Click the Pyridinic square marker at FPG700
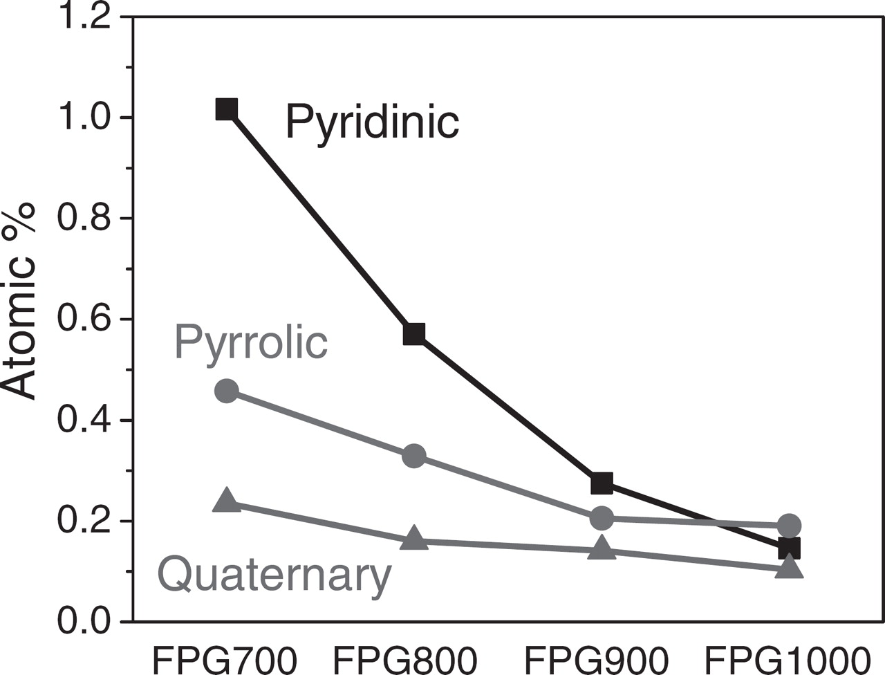click(x=226, y=109)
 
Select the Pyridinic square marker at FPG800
click(x=413, y=334)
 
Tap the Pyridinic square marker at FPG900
click(x=602, y=483)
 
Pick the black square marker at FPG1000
click(x=789, y=548)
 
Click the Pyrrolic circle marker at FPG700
click(x=226, y=391)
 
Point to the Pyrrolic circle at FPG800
click(x=413, y=456)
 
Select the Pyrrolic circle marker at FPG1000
click(x=789, y=525)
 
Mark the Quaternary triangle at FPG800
click(x=413, y=537)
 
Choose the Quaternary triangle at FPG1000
click(x=789, y=568)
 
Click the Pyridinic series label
click(x=372, y=122)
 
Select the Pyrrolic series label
click(x=251, y=342)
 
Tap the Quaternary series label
click(x=274, y=575)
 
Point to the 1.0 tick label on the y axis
click(x=84, y=118)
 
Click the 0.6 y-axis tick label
click(x=84, y=320)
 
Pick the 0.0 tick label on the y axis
click(x=84, y=621)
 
